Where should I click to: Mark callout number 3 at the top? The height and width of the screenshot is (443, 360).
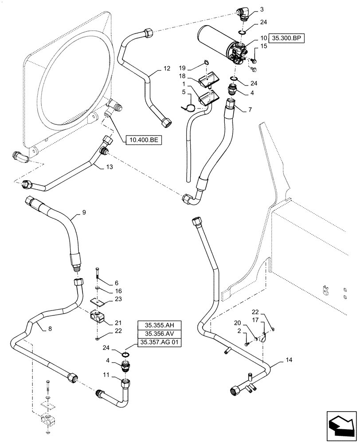point(262,9)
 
